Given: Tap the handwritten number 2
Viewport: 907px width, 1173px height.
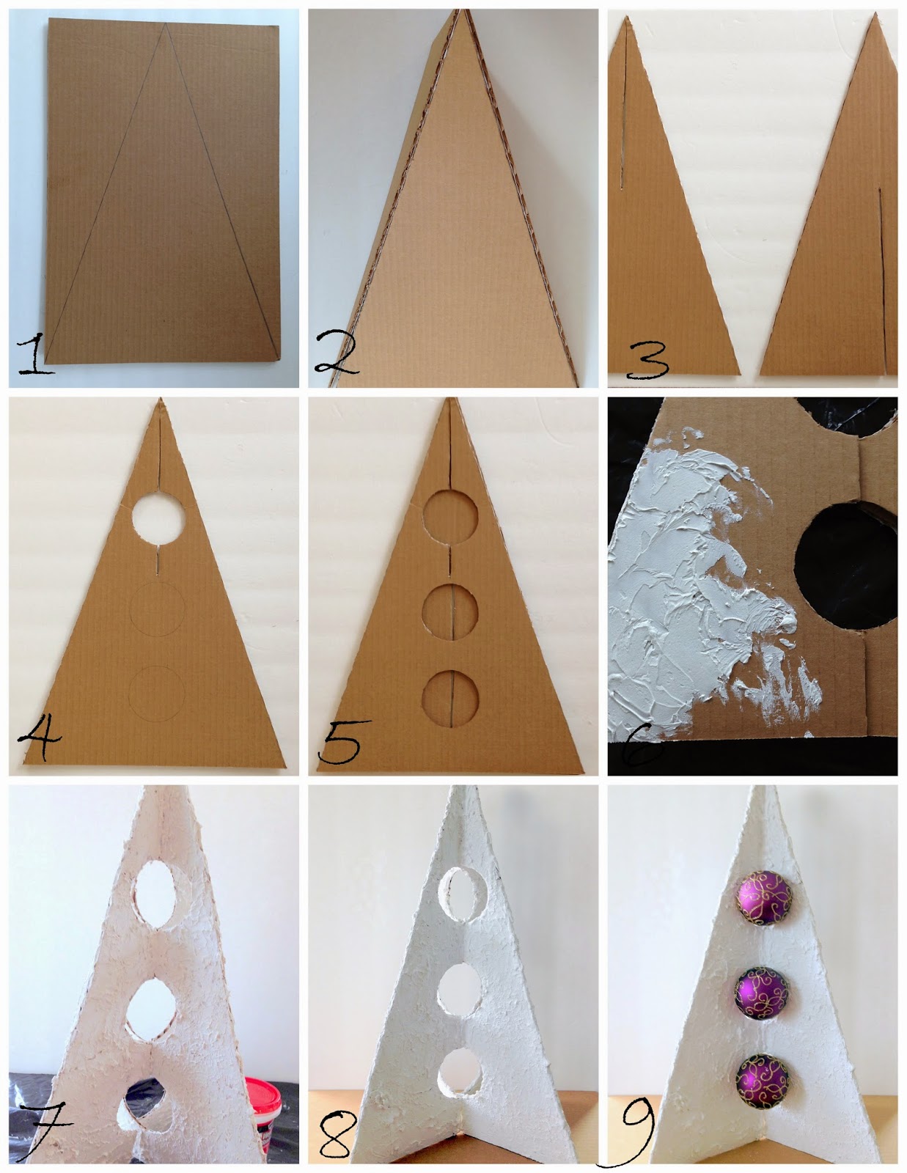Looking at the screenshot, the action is pos(336,352).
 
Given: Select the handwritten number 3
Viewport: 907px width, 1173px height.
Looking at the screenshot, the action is pos(648,360).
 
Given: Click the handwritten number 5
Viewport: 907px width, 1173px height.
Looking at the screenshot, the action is pos(342,740).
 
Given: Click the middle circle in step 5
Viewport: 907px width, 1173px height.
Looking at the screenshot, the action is pos(450,611).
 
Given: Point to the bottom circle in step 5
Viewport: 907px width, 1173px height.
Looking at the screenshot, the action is pos(450,699).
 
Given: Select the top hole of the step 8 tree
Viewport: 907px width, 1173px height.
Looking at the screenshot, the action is pos(463,894).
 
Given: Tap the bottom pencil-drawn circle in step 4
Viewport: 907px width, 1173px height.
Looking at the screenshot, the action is pos(157,694).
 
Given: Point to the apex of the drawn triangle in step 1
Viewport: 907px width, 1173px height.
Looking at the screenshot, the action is pos(165,23).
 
